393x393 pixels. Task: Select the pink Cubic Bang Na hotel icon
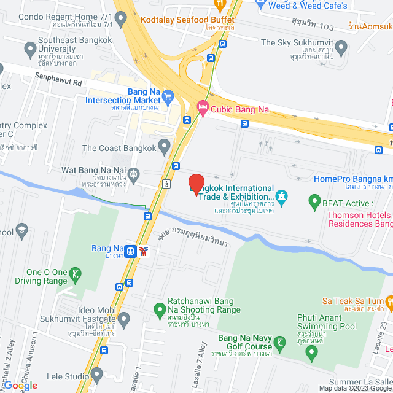(202, 109)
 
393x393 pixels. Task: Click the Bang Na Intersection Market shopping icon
(169, 96)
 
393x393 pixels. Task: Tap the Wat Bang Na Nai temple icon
(133, 174)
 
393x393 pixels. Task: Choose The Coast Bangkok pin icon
(164, 147)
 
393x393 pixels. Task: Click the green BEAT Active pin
(314, 200)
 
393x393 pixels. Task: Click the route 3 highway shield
(166, 182)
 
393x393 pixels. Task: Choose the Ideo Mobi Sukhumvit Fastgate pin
(124, 319)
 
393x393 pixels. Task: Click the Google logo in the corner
(22, 386)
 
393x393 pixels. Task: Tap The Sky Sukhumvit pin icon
(341, 47)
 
